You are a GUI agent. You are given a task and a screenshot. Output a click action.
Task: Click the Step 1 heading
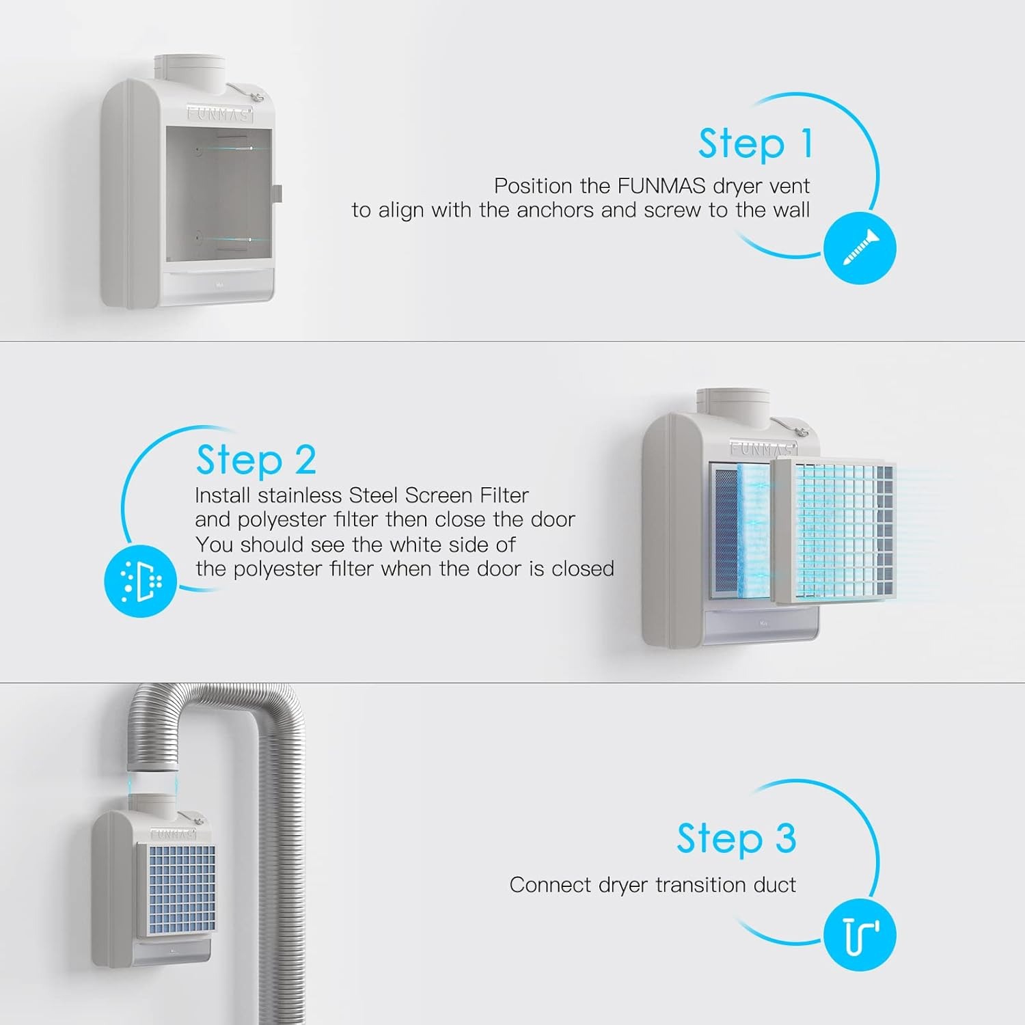755,144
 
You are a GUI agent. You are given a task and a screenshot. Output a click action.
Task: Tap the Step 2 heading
256,460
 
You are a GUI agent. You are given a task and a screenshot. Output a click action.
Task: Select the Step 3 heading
736,838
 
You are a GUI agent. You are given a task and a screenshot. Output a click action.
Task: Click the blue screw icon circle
859,248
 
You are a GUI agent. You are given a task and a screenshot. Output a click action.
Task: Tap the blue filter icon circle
140,581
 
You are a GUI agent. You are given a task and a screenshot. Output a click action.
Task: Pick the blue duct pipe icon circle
859,935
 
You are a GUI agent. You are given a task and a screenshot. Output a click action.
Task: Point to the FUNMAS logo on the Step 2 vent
763,449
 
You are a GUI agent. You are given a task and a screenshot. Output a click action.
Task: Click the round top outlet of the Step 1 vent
189,69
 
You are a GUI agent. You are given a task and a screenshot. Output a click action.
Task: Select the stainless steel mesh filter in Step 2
724,531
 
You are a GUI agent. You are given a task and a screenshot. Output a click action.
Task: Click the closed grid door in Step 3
177,890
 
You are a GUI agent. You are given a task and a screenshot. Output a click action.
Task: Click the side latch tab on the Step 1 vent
277,193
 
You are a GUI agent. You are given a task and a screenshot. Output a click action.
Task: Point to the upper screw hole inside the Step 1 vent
197,148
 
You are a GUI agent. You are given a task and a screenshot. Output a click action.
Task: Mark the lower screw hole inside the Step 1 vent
197,238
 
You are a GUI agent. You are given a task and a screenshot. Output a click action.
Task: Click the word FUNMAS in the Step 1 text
661,186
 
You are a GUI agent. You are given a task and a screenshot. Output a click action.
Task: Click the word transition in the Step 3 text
690,885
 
